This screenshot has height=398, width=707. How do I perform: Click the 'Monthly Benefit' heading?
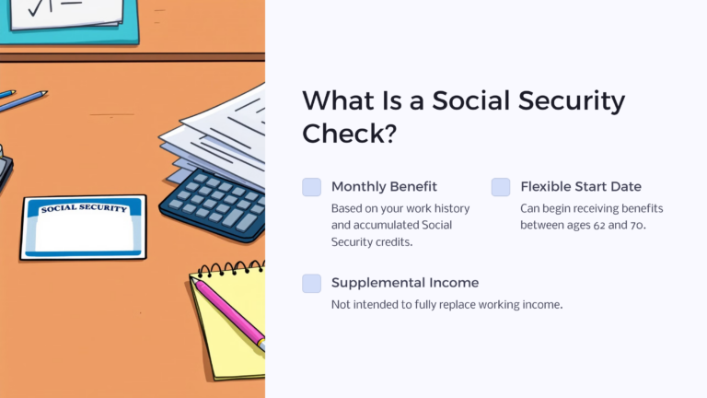(384, 186)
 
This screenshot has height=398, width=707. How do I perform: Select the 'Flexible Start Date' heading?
(580, 186)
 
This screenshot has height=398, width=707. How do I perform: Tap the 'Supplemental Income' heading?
(404, 283)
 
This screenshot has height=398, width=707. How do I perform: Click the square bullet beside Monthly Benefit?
(312, 187)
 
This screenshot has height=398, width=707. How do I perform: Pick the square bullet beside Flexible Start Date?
(500, 187)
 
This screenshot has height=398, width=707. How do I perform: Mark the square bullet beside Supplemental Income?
(312, 284)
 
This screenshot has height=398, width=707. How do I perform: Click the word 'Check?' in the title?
(349, 134)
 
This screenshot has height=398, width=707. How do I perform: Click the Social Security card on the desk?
(83, 227)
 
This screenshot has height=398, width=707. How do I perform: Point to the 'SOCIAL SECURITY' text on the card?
(82, 209)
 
